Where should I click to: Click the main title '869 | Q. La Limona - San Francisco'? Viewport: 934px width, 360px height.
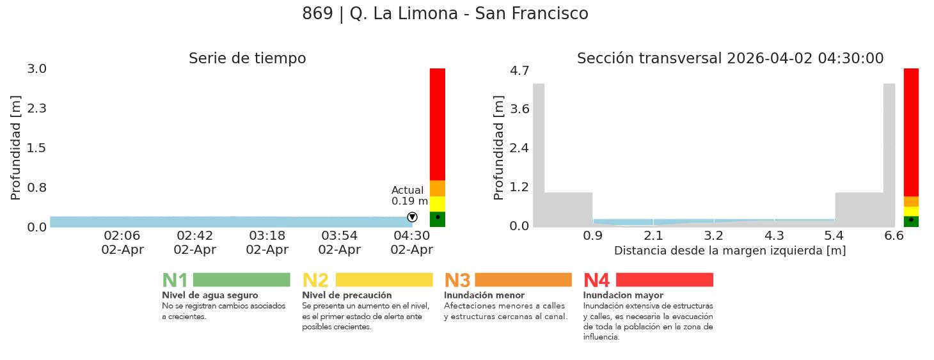click(x=445, y=13)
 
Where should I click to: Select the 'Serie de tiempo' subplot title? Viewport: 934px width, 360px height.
click(x=247, y=59)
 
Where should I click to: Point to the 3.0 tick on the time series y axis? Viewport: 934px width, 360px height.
click(x=36, y=68)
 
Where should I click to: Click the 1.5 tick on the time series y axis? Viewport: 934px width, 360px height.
click(x=36, y=148)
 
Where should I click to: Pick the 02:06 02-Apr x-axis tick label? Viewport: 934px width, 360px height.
click(x=122, y=242)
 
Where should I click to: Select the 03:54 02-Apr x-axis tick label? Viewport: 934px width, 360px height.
click(x=339, y=242)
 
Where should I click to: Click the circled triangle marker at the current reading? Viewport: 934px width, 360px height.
click(x=412, y=217)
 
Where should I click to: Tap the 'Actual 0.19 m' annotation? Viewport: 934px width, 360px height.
click(x=409, y=196)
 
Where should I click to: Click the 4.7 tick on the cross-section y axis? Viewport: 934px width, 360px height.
click(x=519, y=70)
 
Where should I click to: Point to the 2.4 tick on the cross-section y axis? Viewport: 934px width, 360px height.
click(x=519, y=148)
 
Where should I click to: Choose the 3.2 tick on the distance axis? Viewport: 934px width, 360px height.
click(x=713, y=236)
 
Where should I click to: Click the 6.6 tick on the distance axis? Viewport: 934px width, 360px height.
click(x=894, y=236)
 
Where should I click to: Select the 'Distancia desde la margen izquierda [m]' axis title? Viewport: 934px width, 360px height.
click(x=730, y=251)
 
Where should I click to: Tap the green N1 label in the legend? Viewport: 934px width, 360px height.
click(x=175, y=281)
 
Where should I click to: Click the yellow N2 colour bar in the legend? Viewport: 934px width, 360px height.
click(x=384, y=280)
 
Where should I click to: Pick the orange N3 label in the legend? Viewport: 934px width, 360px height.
click(x=457, y=281)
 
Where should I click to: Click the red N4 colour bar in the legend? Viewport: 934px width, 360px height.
click(x=664, y=280)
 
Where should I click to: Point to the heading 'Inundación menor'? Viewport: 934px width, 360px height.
click(x=484, y=295)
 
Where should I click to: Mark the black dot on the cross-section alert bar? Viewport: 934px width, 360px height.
click(x=911, y=219)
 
